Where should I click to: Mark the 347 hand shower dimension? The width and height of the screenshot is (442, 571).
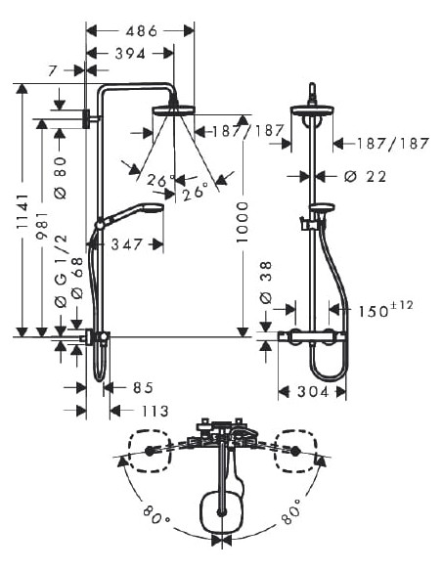click(127, 243)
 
